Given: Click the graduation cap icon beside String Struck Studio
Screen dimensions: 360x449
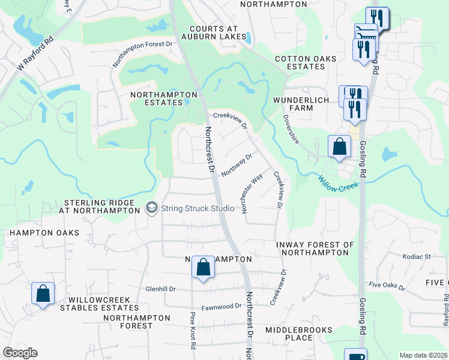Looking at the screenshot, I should click(152, 208).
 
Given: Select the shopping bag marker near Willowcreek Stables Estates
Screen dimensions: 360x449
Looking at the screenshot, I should click(43, 294).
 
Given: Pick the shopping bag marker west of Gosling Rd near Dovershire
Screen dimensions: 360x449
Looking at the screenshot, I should click(339, 146).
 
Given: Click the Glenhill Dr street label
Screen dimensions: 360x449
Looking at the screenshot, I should click(161, 289).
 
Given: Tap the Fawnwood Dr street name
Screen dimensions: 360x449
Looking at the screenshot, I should click(222, 306).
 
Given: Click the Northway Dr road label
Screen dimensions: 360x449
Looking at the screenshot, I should click(236, 166).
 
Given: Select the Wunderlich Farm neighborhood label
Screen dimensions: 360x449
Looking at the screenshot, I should click(301, 104).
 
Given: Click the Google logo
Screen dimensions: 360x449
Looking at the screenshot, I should click(19, 353).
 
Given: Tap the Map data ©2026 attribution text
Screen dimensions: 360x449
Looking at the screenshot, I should click(423, 355).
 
